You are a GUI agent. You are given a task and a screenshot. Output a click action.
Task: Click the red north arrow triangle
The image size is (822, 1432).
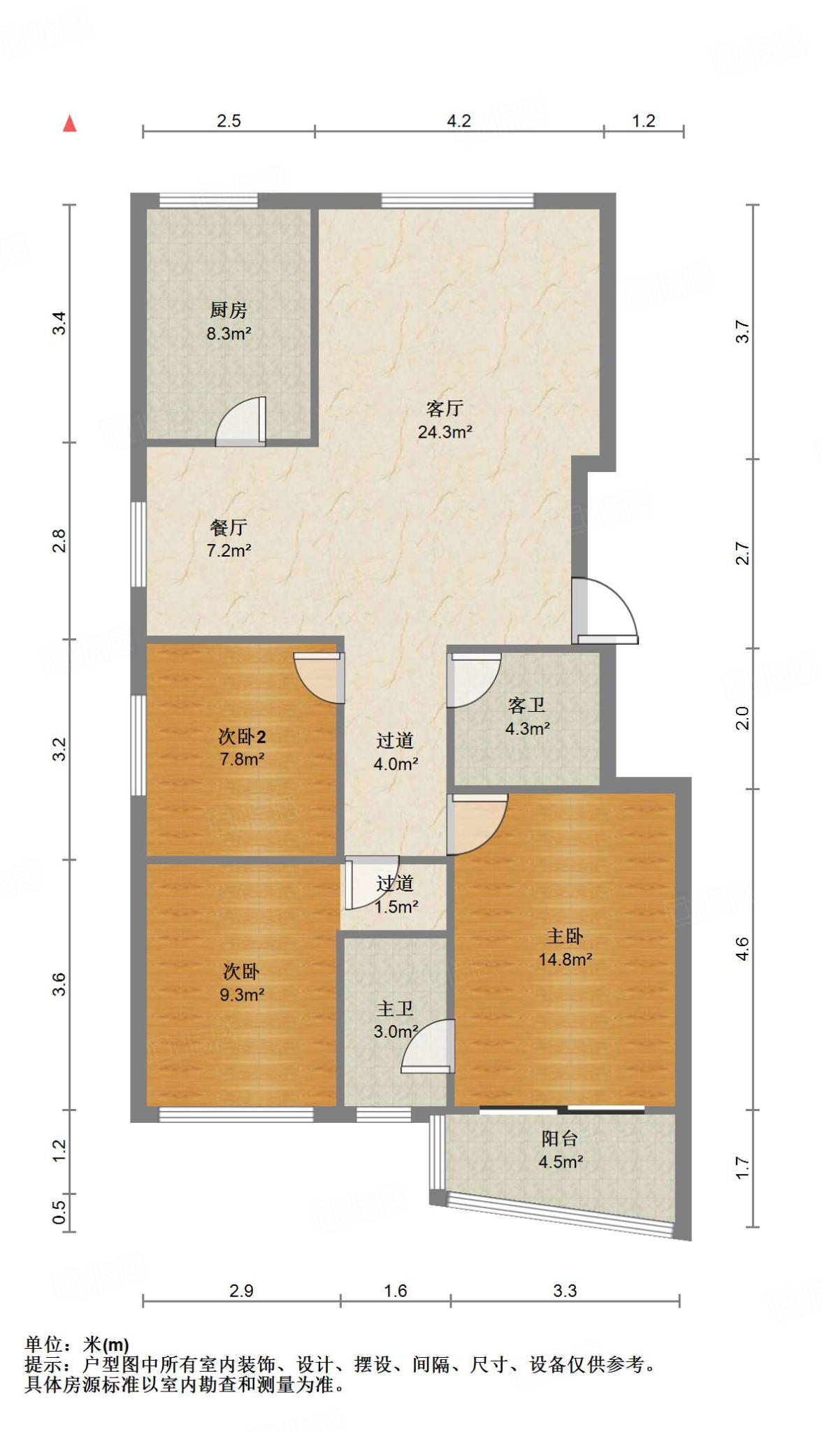pos(69,124)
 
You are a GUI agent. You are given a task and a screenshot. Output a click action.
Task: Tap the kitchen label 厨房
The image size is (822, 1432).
pos(229,310)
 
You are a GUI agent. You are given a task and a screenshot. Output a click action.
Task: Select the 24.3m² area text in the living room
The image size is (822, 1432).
pos(445,432)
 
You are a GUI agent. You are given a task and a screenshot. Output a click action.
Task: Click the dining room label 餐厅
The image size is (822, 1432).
pos(229,527)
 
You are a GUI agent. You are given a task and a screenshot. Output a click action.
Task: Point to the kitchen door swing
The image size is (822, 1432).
pos(240,422)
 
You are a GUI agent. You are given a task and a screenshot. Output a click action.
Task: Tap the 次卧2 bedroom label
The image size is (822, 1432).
pos(242,736)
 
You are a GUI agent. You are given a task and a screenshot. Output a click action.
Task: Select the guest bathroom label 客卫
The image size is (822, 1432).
pos(526,705)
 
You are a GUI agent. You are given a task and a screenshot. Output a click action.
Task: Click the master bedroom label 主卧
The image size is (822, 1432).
pos(565,936)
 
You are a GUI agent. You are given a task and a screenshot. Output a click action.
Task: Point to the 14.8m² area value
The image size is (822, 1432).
pos(565,959)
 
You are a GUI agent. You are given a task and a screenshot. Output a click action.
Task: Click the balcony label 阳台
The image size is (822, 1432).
pos(560,1138)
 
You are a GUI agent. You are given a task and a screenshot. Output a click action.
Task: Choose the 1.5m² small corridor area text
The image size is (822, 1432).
pos(396,907)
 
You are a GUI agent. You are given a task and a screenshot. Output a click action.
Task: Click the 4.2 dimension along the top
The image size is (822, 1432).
pos(459,121)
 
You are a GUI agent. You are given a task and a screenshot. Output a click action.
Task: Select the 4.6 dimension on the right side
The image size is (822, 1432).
pos(742,949)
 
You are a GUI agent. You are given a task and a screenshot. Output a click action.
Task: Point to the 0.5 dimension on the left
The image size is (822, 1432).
pos(59,1212)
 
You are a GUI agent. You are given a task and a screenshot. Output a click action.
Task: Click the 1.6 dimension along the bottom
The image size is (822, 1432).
pos(396,1291)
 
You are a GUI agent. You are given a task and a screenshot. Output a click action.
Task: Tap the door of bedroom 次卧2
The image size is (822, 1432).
pos(319,678)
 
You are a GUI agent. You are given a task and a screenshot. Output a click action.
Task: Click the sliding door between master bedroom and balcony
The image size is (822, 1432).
pos(562,1109)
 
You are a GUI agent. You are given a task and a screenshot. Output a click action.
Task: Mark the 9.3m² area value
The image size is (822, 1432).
pos(242,995)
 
